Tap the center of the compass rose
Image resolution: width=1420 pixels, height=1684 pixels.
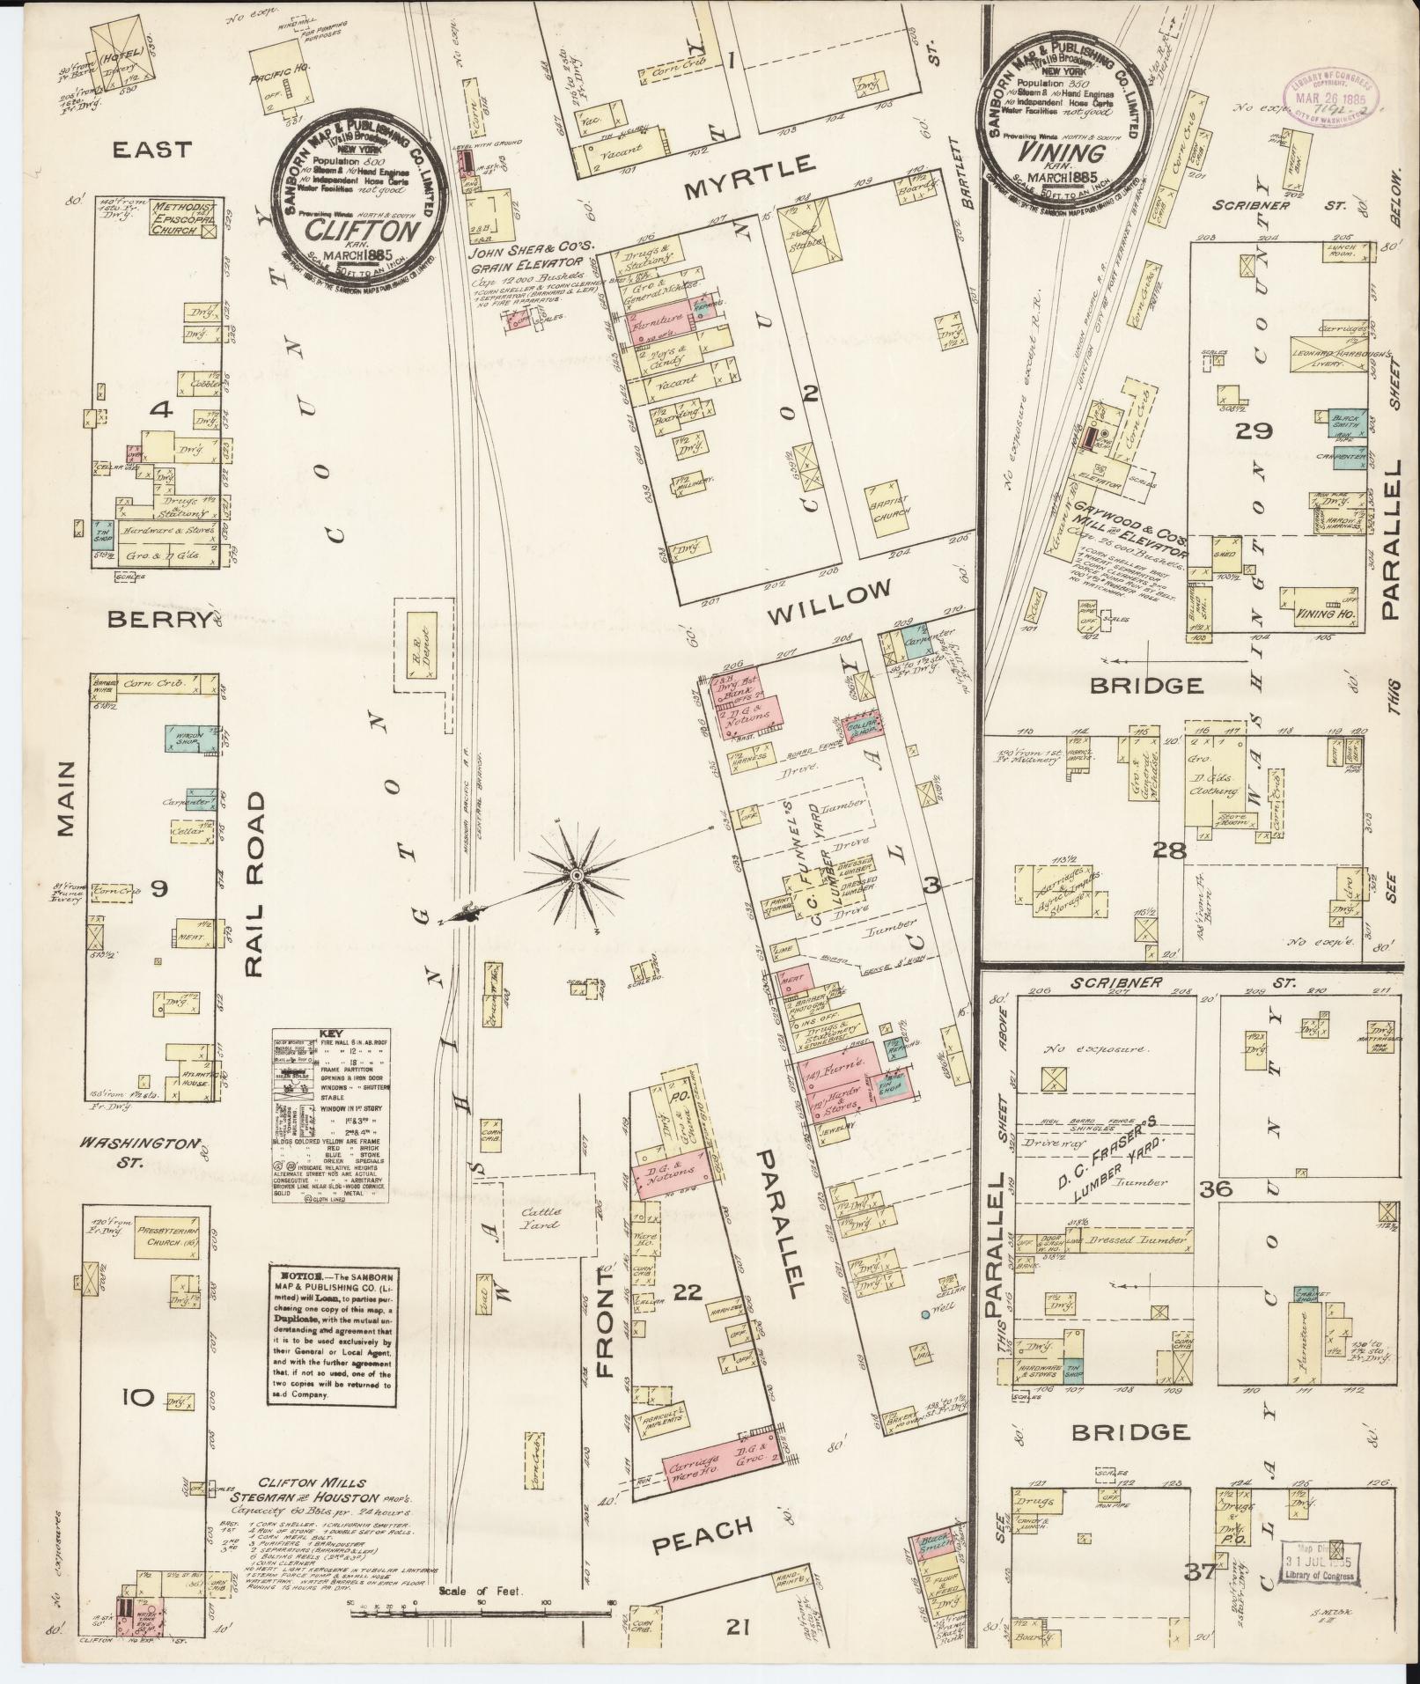click(x=575, y=874)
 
